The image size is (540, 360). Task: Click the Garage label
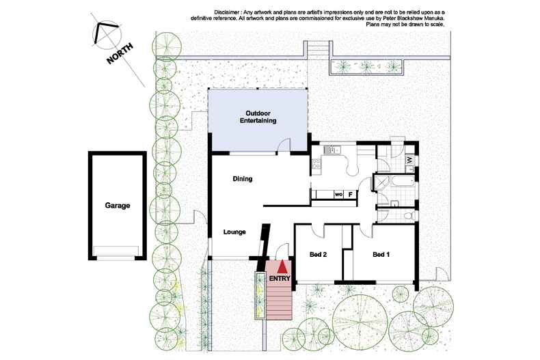(x=118, y=205)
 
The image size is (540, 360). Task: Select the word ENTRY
(x=280, y=279)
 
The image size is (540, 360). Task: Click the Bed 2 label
(x=318, y=255)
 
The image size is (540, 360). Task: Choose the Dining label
(x=243, y=179)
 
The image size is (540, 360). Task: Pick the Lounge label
(x=234, y=232)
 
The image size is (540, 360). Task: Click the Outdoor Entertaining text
(x=258, y=117)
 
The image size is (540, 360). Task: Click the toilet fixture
(x=408, y=216)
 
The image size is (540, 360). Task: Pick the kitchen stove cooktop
(x=316, y=163)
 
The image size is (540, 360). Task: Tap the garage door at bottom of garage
(x=118, y=250)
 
